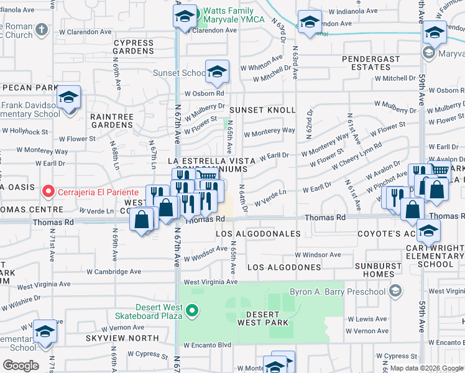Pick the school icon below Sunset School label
[x=217, y=72]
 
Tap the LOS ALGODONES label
[x=284, y=267]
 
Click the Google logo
[x=21, y=366]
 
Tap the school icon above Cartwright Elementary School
[x=428, y=231]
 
